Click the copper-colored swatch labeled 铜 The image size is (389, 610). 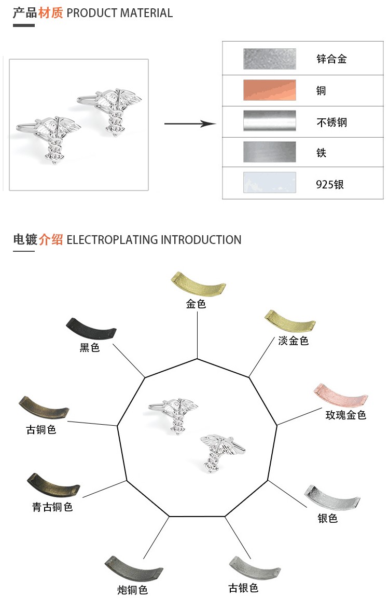coord(270,90)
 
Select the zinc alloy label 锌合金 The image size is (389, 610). coord(331,59)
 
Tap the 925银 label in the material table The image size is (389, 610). coord(330,184)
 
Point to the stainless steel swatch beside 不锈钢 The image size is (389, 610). coord(270,120)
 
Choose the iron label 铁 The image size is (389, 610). coord(322,153)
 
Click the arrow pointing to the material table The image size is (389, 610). coord(190,124)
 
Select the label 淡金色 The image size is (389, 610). coord(293,341)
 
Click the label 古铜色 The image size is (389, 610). coord(41,430)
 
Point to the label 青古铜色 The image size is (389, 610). coord(52,507)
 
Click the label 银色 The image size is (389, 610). coord(327,518)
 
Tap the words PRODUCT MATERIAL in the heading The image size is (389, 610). coord(120,13)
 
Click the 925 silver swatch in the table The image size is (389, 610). coord(270,183)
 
